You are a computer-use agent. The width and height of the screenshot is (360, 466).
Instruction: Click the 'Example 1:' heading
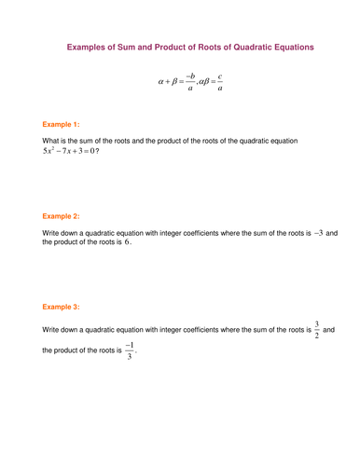62,123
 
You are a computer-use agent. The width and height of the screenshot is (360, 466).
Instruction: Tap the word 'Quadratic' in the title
234,47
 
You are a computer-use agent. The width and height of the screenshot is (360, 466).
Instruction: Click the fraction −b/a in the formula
189,82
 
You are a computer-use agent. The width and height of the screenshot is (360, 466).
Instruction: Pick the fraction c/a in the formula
219,82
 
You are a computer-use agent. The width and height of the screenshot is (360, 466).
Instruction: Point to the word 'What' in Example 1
51,141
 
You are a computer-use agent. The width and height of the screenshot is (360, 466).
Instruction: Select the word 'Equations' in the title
285,47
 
